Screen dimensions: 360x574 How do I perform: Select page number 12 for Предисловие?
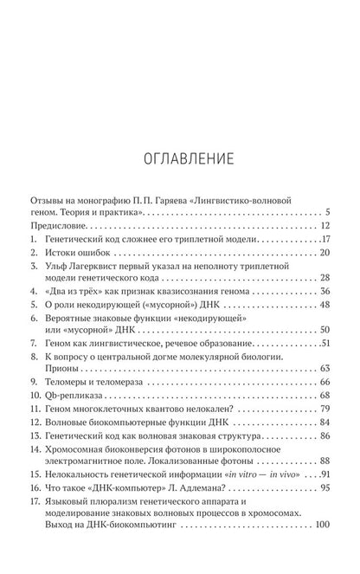click(324, 224)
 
